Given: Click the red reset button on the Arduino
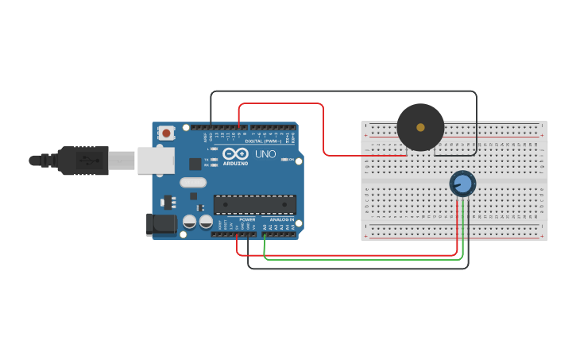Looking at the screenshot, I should [166, 134].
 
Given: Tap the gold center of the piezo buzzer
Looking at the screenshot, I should [420, 127].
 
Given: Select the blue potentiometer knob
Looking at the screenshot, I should [462, 184].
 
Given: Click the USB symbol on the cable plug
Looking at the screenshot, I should [84, 161].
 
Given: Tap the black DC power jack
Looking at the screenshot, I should [161, 224].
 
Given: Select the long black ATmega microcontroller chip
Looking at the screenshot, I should [254, 204].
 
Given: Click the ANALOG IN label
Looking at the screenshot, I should [280, 219].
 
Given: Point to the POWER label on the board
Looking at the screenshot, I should [247, 219].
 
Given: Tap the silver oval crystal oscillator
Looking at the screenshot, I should [193, 183].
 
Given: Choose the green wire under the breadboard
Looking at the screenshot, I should [358, 259].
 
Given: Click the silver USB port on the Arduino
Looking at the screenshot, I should [155, 161].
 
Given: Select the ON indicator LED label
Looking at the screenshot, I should [292, 160].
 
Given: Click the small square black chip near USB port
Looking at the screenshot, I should [195, 165].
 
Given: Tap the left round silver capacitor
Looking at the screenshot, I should [190, 222].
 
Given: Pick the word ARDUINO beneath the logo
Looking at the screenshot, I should [235, 163].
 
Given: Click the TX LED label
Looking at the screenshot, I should [207, 159].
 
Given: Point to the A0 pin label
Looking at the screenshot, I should [265, 227].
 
